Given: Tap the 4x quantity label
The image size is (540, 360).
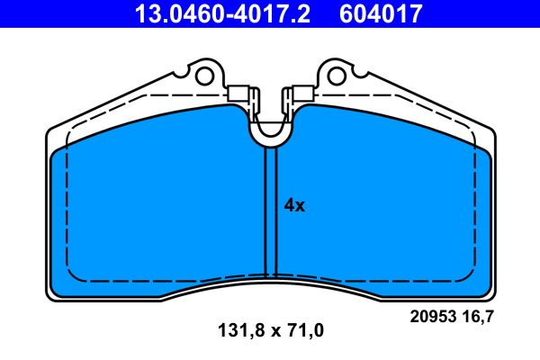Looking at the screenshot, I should (x=294, y=205).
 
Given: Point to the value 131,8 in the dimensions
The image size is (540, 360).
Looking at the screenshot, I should (x=235, y=330).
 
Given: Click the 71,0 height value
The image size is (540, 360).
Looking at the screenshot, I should (x=304, y=330).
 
